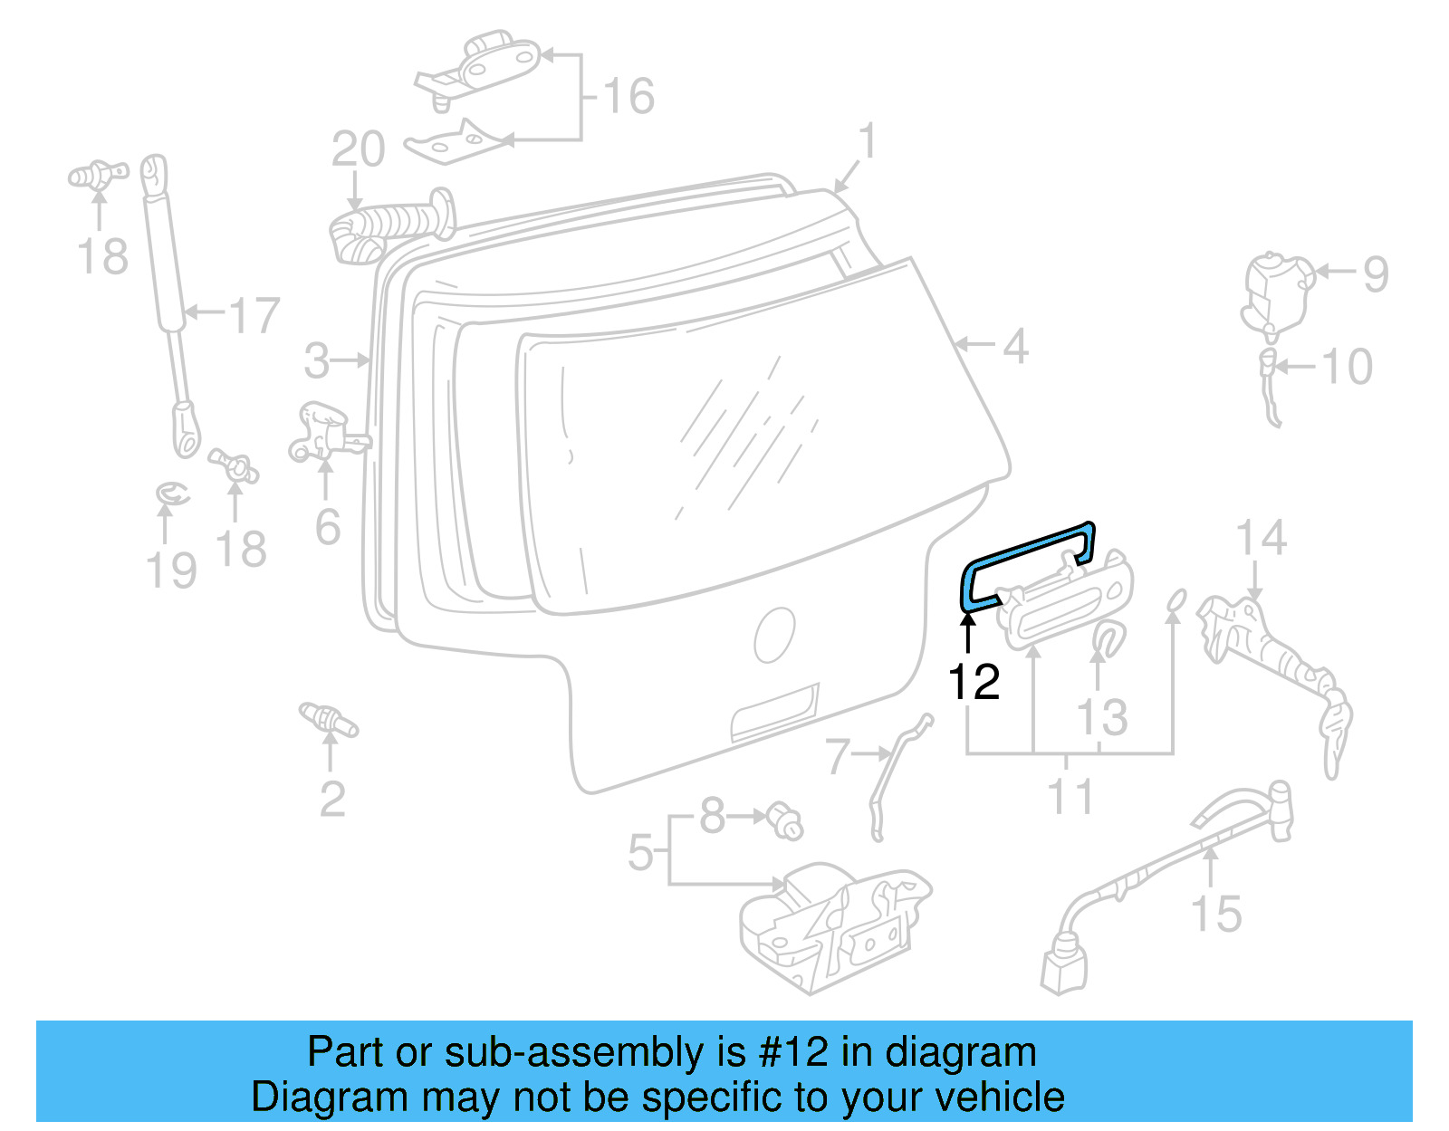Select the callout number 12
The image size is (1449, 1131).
(974, 682)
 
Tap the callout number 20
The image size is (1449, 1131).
(358, 149)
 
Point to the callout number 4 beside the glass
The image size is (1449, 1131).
(1015, 347)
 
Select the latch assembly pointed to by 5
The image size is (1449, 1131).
(833, 924)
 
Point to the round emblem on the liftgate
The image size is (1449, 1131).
(774, 635)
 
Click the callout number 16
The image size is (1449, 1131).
(629, 96)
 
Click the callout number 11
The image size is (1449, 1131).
(1070, 796)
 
